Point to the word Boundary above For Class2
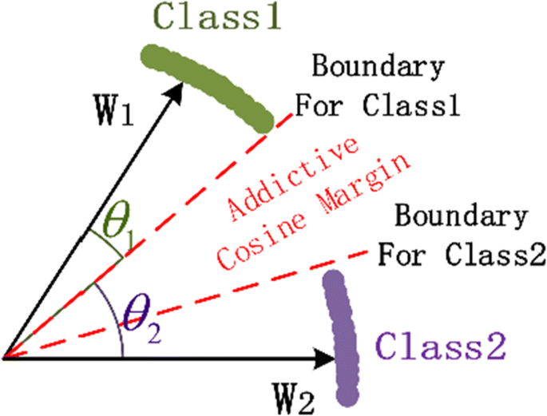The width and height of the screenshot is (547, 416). pyautogui.click(x=461, y=216)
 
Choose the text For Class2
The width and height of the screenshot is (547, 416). pyautogui.click(x=461, y=255)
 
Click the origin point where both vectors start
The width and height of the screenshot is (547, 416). pyautogui.click(x=6, y=359)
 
